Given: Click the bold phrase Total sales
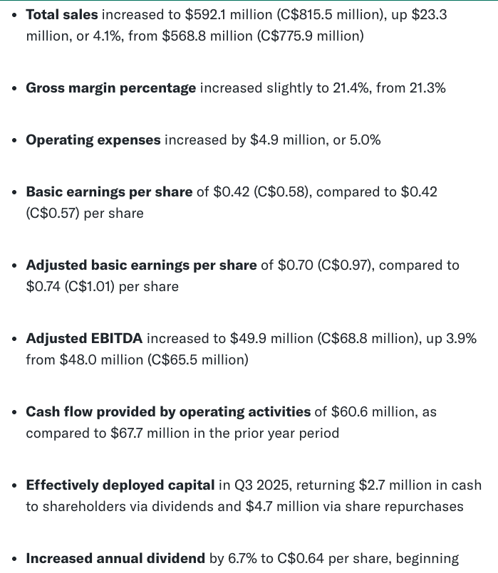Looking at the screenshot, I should [x=62, y=14].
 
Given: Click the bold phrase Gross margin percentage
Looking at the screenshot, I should [x=110, y=88].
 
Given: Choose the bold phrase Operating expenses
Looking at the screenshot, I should [x=93, y=140].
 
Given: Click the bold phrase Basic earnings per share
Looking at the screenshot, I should [x=109, y=192].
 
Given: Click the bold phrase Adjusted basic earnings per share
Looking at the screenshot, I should [x=141, y=266].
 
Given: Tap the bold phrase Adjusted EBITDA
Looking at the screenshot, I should [x=84, y=339].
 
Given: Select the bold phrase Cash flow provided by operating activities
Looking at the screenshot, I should [x=168, y=412].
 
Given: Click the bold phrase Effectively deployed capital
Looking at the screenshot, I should [x=120, y=485].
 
